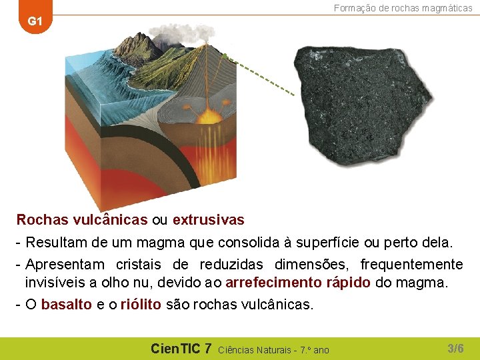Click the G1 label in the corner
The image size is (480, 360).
coord(35,21)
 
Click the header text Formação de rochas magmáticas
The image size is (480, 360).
coord(403,8)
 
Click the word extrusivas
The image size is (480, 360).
coord(209,219)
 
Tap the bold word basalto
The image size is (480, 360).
coord(67,305)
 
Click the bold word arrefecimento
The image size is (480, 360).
coord(275,282)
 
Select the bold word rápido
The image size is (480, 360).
coord(348,282)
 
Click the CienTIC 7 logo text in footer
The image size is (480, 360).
coord(181,348)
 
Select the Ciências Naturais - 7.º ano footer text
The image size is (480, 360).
coord(273,349)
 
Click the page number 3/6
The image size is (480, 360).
coord(455,348)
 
